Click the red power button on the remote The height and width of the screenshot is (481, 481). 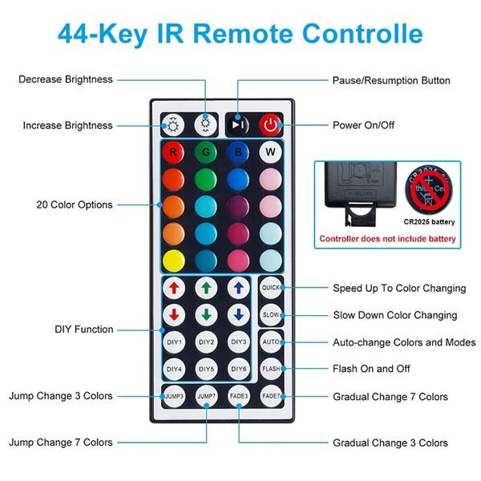click(271, 125)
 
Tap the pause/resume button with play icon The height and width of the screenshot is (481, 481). click(238, 125)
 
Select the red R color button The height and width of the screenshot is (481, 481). click(173, 152)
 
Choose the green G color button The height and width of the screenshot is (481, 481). click(206, 152)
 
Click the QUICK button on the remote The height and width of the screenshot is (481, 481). click(271, 288)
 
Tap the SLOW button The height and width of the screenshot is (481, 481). click(271, 315)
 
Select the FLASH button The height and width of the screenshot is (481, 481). click(271, 369)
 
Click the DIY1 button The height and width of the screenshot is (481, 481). click(174, 342)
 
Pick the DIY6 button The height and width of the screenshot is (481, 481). click(239, 369)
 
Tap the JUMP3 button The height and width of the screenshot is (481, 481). click(174, 396)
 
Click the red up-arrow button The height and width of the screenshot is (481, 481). click(174, 287)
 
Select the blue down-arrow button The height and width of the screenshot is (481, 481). click(239, 314)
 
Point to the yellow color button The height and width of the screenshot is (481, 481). click(173, 260)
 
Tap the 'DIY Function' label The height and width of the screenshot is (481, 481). click(83, 329)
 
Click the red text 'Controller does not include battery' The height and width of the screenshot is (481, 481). click(387, 239)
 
